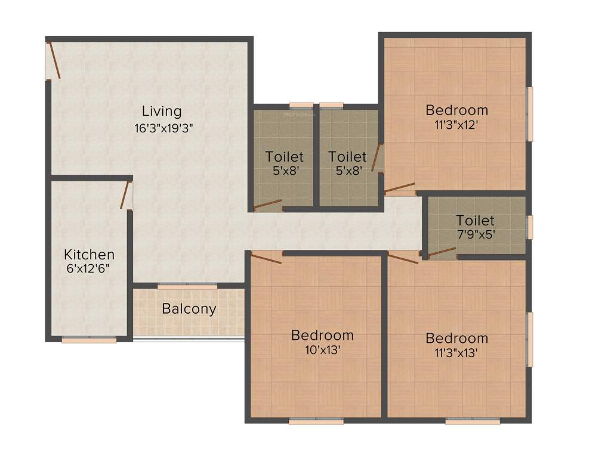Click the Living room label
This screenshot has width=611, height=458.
point(162,111)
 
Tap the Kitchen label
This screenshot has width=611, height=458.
point(90,255)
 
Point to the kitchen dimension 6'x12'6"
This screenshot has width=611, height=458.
point(88,268)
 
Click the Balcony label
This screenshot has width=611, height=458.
point(189,310)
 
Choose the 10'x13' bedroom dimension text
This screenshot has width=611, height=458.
point(322,350)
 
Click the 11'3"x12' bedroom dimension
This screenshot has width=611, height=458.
point(456,125)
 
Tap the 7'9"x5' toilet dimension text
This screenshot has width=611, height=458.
point(476,234)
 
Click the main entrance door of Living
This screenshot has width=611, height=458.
point(53,60)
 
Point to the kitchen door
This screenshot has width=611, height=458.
point(125,196)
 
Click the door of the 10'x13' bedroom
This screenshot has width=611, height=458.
point(266,258)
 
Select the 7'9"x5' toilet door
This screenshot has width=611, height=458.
point(441,252)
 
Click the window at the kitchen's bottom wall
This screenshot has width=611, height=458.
point(90,340)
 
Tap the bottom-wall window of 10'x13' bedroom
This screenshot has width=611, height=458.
point(316,422)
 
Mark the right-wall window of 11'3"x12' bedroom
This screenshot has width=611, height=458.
point(529,114)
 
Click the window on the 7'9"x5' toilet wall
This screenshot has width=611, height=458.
point(529,227)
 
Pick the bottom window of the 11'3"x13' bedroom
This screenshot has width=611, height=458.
point(473,422)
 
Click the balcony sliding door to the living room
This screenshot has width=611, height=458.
point(187,287)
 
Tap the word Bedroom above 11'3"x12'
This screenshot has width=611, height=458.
point(456,110)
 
